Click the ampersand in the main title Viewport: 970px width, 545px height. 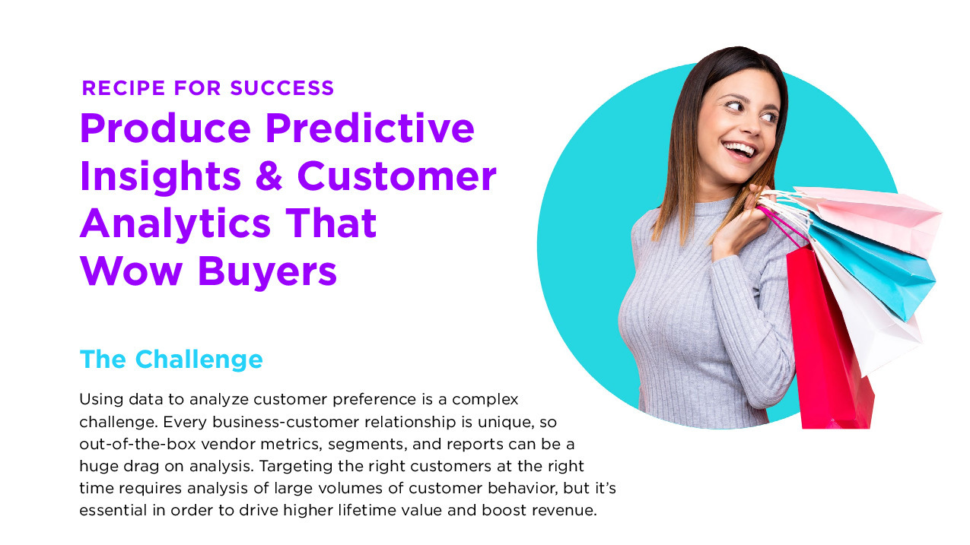[x=268, y=175]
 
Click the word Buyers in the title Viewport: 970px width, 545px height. [x=267, y=272]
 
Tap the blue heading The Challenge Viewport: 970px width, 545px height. [x=171, y=360]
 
